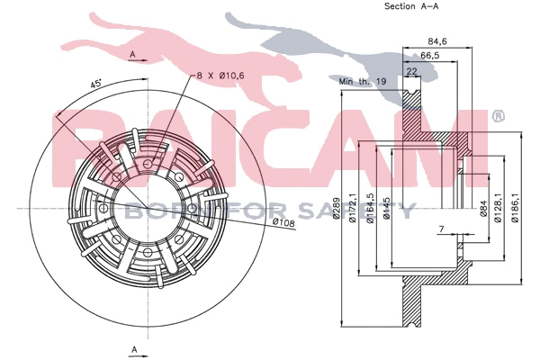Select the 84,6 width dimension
(x=438, y=40)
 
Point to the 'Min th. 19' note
(x=362, y=82)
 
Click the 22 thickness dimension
(x=412, y=71)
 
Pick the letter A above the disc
(x=133, y=56)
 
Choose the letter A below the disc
(x=133, y=347)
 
